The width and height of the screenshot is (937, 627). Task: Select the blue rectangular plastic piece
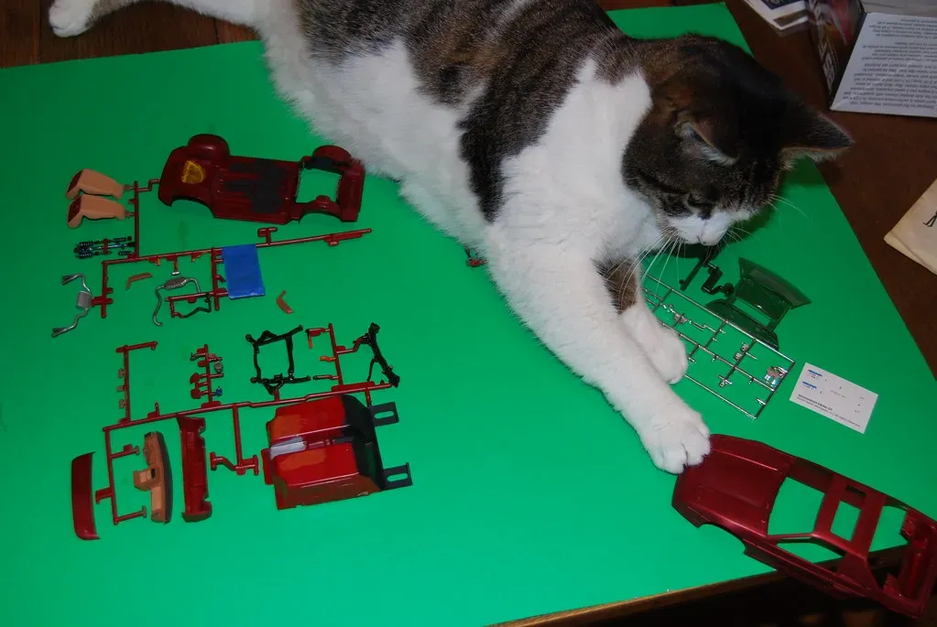[243, 271]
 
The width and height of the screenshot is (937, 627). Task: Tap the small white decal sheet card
[833, 397]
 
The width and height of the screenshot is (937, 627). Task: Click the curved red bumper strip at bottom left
[84, 495]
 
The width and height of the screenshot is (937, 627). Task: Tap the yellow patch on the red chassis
[192, 171]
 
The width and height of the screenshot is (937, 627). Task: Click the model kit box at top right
[870, 55]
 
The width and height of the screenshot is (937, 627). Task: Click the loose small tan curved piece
[284, 302]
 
